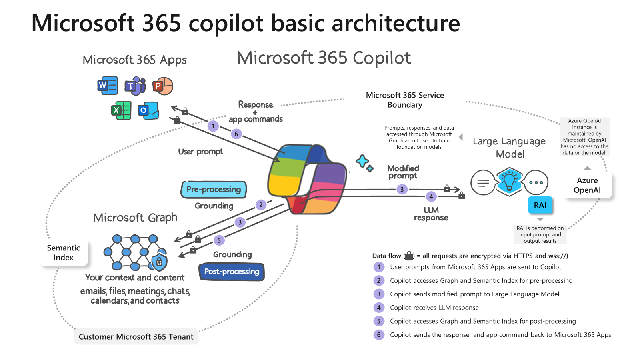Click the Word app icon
(108, 85)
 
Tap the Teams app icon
(135, 86)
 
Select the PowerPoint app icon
(163, 86)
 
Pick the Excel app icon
(121, 110)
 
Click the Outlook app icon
(148, 110)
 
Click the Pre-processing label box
(214, 189)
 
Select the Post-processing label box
(232, 272)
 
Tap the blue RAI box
(540, 205)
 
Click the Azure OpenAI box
(587, 185)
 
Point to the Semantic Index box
(64, 253)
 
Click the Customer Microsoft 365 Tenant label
(136, 336)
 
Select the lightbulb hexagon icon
(509, 181)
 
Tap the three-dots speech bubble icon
(536, 182)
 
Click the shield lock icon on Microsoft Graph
(159, 262)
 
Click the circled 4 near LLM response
(431, 196)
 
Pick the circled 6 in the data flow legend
(379, 335)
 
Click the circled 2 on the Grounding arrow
(261, 205)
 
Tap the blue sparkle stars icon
(364, 163)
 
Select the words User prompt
(200, 152)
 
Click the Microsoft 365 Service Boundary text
(405, 100)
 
